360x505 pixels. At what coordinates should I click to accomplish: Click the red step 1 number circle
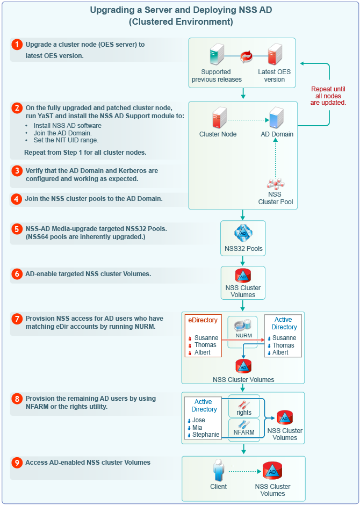(x=17, y=45)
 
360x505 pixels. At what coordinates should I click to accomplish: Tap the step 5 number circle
(x=17, y=228)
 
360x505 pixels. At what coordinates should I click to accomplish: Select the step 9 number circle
(x=17, y=463)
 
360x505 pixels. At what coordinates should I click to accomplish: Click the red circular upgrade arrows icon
(x=246, y=55)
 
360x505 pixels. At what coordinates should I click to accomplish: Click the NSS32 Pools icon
(x=243, y=233)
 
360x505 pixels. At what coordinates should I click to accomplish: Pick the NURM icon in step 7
(x=243, y=326)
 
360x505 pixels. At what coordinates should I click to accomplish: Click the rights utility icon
(x=244, y=404)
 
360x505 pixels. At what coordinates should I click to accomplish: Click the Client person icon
(x=218, y=471)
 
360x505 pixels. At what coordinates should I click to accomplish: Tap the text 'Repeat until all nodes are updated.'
(x=328, y=96)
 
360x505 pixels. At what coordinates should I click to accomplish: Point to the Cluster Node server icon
(x=218, y=118)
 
